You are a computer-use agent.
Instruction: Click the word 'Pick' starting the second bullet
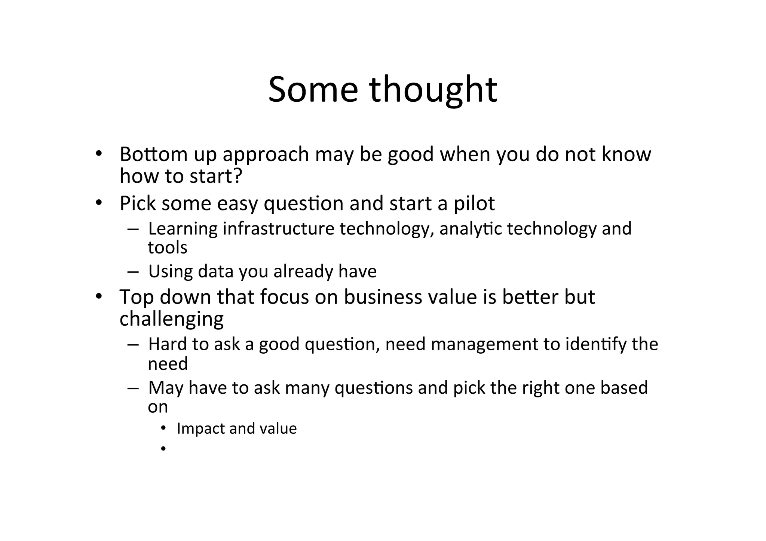pos(137,204)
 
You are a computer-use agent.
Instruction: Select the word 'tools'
pos(168,248)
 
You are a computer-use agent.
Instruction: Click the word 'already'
pos(303,271)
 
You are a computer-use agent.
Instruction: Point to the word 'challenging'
pos(171,319)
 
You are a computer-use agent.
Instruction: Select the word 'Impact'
pos(200,428)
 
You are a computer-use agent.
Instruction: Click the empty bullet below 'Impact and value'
pos(163,448)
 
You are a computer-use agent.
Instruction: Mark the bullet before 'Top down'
pos(98,297)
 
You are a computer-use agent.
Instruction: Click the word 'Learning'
pos(183,229)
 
